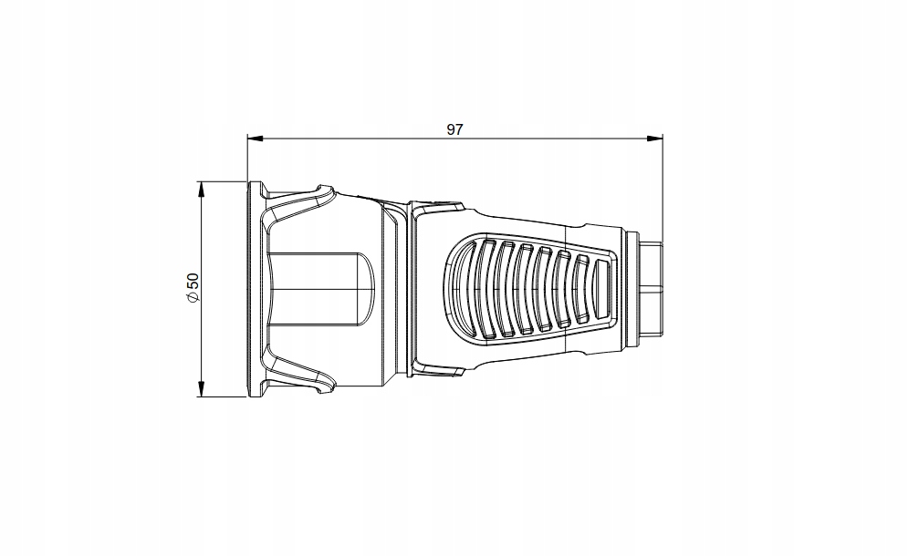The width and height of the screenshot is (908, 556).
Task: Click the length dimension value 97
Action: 454,129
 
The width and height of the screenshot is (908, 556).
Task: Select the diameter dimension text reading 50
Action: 193,281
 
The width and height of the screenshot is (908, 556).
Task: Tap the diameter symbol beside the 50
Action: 193,295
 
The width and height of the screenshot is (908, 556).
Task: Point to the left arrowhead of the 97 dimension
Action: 256,139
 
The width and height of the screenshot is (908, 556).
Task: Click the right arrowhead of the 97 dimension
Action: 655,139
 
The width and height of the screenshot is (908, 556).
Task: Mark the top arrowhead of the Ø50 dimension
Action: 202,190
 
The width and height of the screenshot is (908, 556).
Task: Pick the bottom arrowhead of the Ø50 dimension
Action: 202,389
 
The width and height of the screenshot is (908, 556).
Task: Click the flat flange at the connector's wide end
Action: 254,289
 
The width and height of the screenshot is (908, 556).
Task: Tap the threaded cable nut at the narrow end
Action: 651,289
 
